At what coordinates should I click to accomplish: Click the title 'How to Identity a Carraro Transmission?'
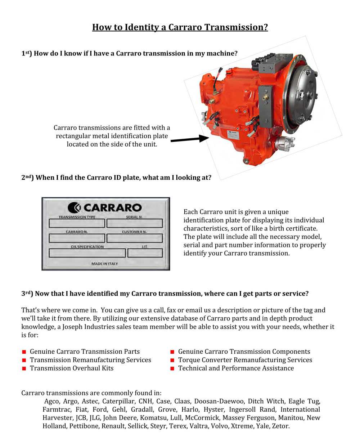pos(180,27)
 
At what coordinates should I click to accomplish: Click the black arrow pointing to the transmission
pos(189,139)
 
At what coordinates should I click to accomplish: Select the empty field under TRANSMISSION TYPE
pos(77,224)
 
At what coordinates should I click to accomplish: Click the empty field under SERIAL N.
pos(135,224)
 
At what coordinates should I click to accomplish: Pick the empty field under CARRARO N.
pos(77,238)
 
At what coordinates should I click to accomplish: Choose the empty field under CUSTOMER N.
pos(135,238)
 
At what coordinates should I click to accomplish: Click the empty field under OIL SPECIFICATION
pos(87,253)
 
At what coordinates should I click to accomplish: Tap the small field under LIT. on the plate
pos(145,253)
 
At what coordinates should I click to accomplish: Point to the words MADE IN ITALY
pos(104,264)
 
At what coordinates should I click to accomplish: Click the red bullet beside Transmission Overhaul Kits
pos(24,368)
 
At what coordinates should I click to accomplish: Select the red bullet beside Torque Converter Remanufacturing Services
pos(172,360)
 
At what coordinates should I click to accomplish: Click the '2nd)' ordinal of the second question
pos(27,178)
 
